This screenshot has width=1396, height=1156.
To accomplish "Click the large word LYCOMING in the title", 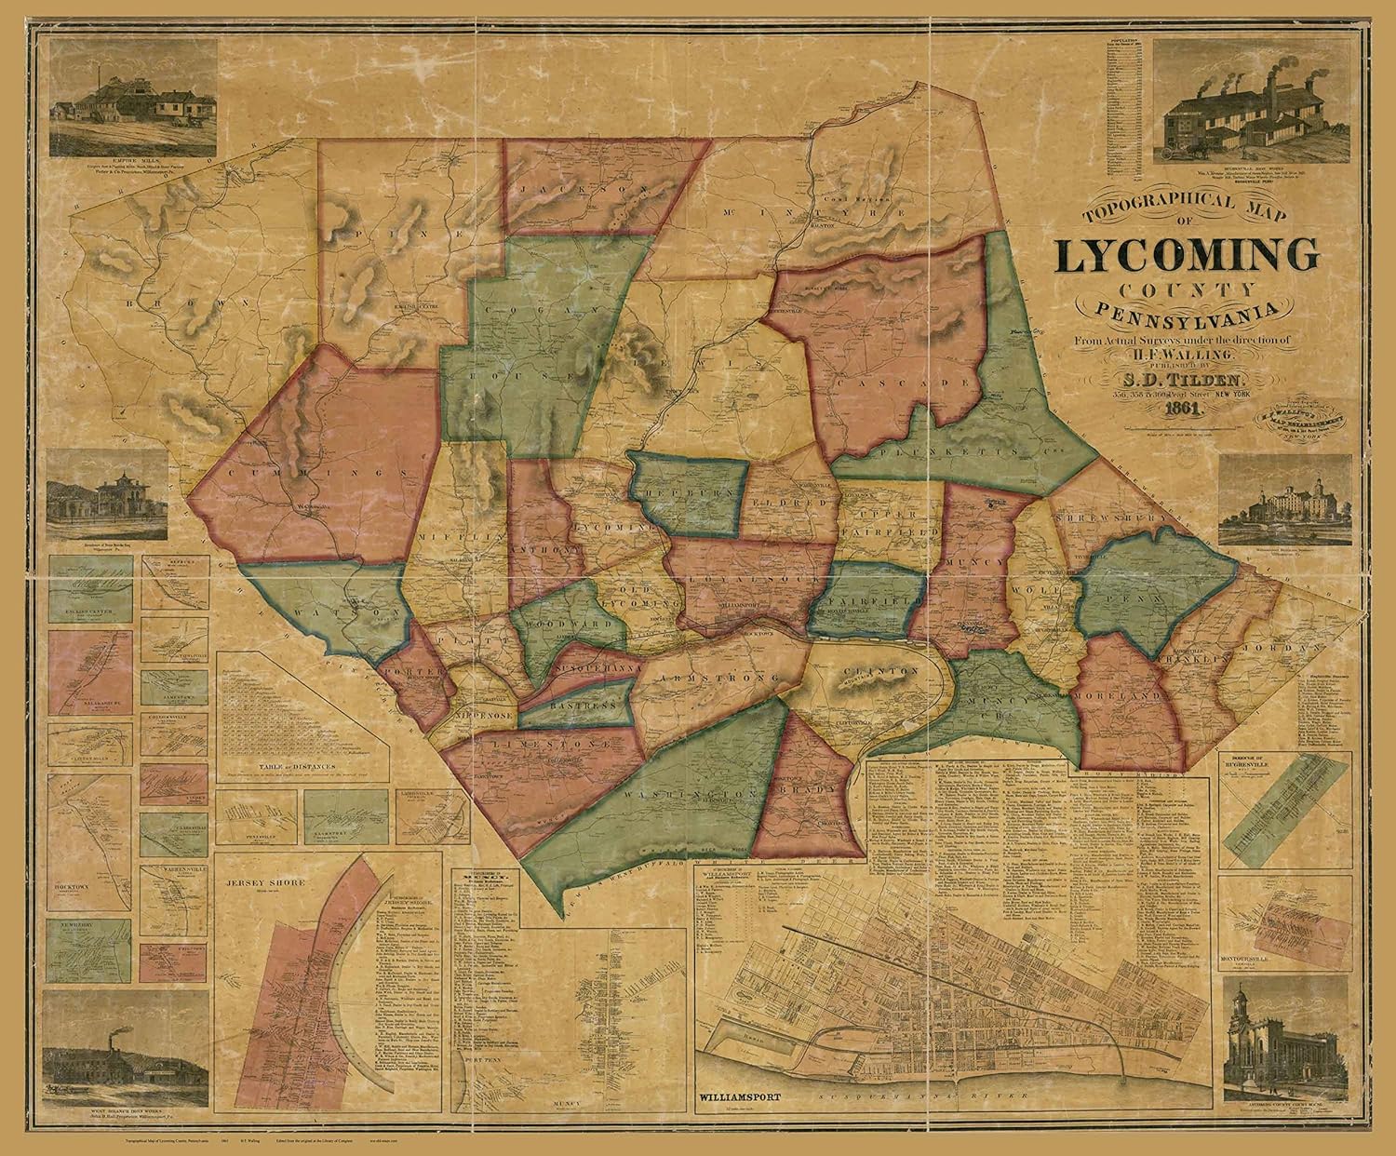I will tap(1187, 256).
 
